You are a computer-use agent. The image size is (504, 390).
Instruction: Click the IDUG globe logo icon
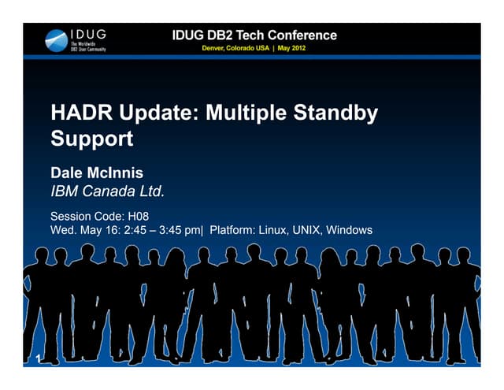(57, 40)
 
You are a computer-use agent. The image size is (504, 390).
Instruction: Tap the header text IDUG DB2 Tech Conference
(254, 35)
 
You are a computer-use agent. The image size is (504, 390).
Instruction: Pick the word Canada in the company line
(113, 191)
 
